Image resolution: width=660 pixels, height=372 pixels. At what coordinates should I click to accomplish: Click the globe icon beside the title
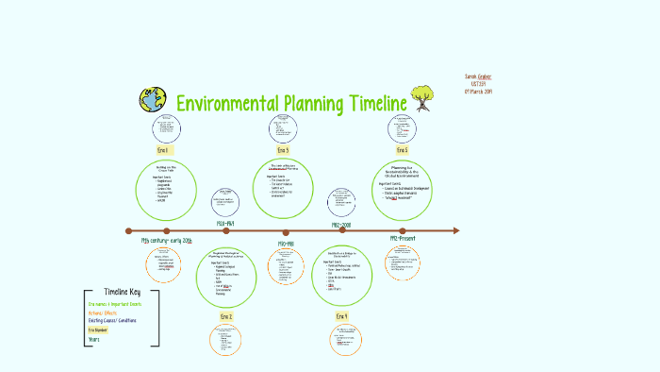click(151, 100)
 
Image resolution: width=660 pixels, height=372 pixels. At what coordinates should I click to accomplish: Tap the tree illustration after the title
click(423, 97)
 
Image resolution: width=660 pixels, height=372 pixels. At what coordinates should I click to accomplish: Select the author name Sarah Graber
click(479, 75)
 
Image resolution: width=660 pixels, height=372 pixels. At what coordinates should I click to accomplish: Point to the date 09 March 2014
click(479, 92)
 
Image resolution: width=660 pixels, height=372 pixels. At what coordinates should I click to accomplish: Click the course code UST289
click(479, 83)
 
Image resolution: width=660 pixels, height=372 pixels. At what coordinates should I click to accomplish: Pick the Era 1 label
click(164, 150)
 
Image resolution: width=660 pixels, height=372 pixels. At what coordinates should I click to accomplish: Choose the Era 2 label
click(226, 316)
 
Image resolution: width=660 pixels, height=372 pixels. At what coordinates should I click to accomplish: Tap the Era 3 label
click(283, 150)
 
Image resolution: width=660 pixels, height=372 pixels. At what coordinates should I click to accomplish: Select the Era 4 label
click(340, 316)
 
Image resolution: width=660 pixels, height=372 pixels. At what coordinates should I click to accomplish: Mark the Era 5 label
click(402, 150)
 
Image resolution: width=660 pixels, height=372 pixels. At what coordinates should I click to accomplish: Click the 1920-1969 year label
click(225, 223)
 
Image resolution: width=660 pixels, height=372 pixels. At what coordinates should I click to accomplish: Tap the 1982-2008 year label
click(340, 225)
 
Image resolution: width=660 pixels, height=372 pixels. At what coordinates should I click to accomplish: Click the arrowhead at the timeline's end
click(455, 230)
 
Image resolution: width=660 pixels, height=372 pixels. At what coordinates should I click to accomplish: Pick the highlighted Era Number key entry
click(98, 330)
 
